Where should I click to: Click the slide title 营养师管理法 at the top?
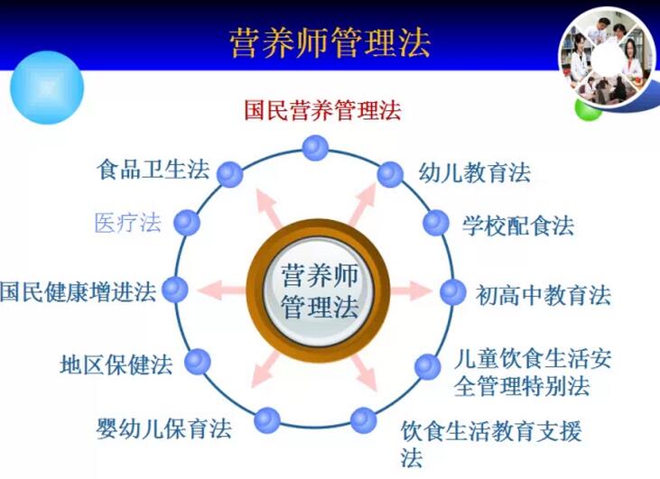click(330, 43)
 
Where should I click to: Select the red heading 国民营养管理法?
click(322, 110)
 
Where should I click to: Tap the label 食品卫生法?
click(153, 170)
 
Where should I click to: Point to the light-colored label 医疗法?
click(128, 223)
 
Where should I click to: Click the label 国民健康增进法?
click(78, 291)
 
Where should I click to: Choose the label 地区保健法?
click(116, 364)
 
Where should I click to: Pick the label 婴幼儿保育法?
click(163, 428)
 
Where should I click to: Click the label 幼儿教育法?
click(474, 172)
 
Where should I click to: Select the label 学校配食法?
click(518, 226)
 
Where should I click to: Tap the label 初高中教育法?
click(543, 295)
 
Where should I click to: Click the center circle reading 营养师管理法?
click(318, 290)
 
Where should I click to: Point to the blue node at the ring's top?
click(315, 148)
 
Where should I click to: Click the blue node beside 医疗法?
click(187, 223)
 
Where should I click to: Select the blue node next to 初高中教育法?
click(453, 292)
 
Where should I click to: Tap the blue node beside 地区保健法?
click(198, 362)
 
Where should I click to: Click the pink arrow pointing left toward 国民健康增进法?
click(222, 290)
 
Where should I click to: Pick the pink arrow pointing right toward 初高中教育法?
click(411, 291)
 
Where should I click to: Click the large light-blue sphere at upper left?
click(47, 88)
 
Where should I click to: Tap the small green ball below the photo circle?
click(588, 110)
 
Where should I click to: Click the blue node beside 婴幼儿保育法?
click(267, 420)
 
